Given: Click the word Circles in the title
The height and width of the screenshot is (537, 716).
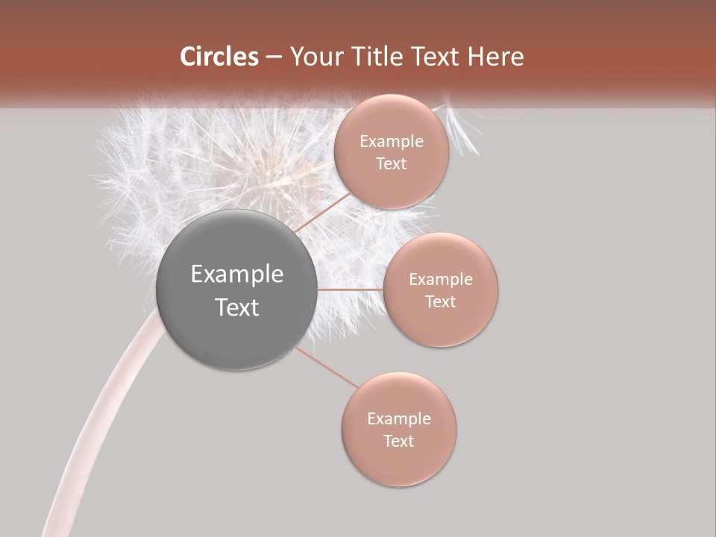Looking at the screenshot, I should click(219, 57).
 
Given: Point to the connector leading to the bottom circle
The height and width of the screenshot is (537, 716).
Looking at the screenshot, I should click(326, 367).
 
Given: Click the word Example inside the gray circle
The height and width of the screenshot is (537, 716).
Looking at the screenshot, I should click(237, 274).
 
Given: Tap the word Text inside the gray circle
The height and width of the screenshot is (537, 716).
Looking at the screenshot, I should click(237, 307).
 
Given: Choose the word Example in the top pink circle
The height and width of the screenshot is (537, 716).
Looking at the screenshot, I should click(392, 142).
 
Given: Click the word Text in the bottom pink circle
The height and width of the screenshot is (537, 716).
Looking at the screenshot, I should click(398, 441).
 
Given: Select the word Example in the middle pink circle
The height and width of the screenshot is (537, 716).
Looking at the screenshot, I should click(441, 280).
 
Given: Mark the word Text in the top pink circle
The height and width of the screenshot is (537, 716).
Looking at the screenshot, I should click(392, 164).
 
